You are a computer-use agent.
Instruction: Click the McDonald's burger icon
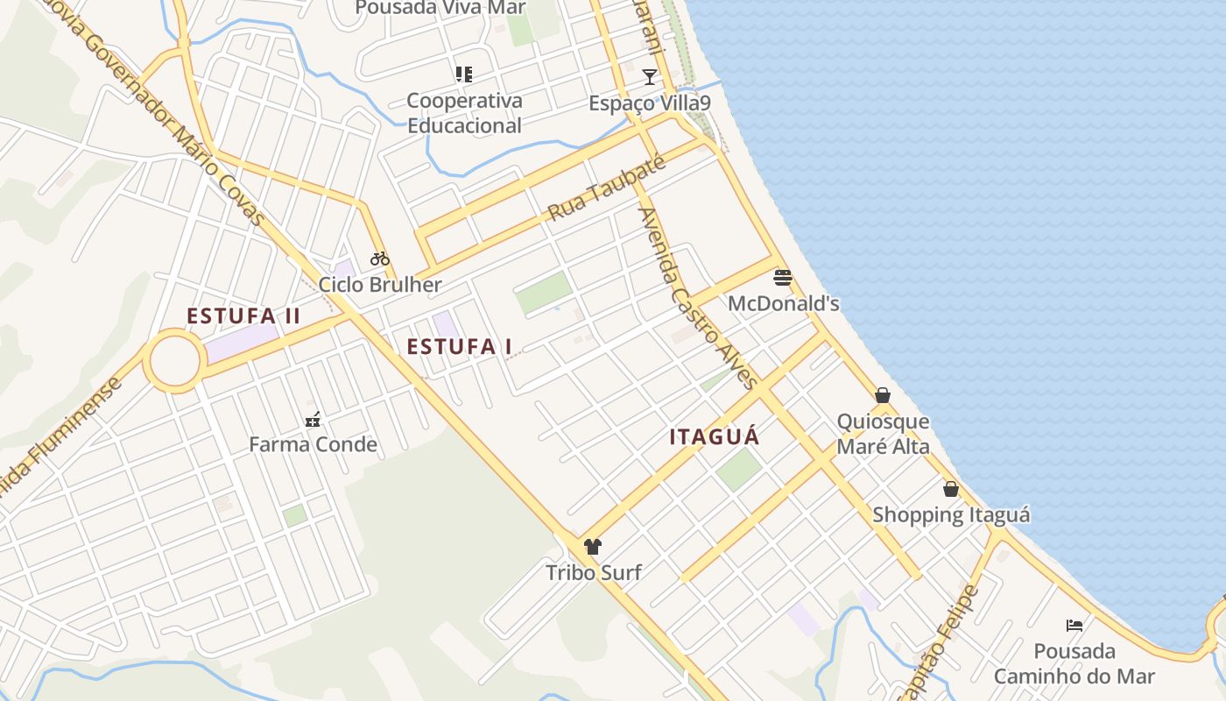783,279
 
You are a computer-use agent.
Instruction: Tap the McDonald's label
784,304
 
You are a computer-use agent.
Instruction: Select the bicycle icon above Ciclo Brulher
380,258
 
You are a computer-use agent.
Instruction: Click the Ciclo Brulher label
380,285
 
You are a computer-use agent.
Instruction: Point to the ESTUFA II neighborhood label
243,316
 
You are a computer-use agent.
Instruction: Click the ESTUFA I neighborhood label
460,347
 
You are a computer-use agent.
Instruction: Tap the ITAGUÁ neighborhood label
715,437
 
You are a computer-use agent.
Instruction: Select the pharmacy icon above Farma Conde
313,420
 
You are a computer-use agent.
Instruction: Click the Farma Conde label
313,444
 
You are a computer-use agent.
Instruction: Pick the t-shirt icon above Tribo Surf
593,547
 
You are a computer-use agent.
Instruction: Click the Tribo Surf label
594,573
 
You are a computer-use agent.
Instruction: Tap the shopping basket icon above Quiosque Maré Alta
883,395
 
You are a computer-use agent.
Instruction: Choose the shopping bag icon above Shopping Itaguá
951,489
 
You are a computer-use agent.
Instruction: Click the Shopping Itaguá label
951,514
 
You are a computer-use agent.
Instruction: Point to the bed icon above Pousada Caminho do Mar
1075,626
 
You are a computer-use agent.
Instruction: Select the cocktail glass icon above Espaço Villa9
649,77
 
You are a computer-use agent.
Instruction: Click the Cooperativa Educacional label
464,113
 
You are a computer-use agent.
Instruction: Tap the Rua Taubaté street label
607,188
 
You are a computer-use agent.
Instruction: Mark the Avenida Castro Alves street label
698,298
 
